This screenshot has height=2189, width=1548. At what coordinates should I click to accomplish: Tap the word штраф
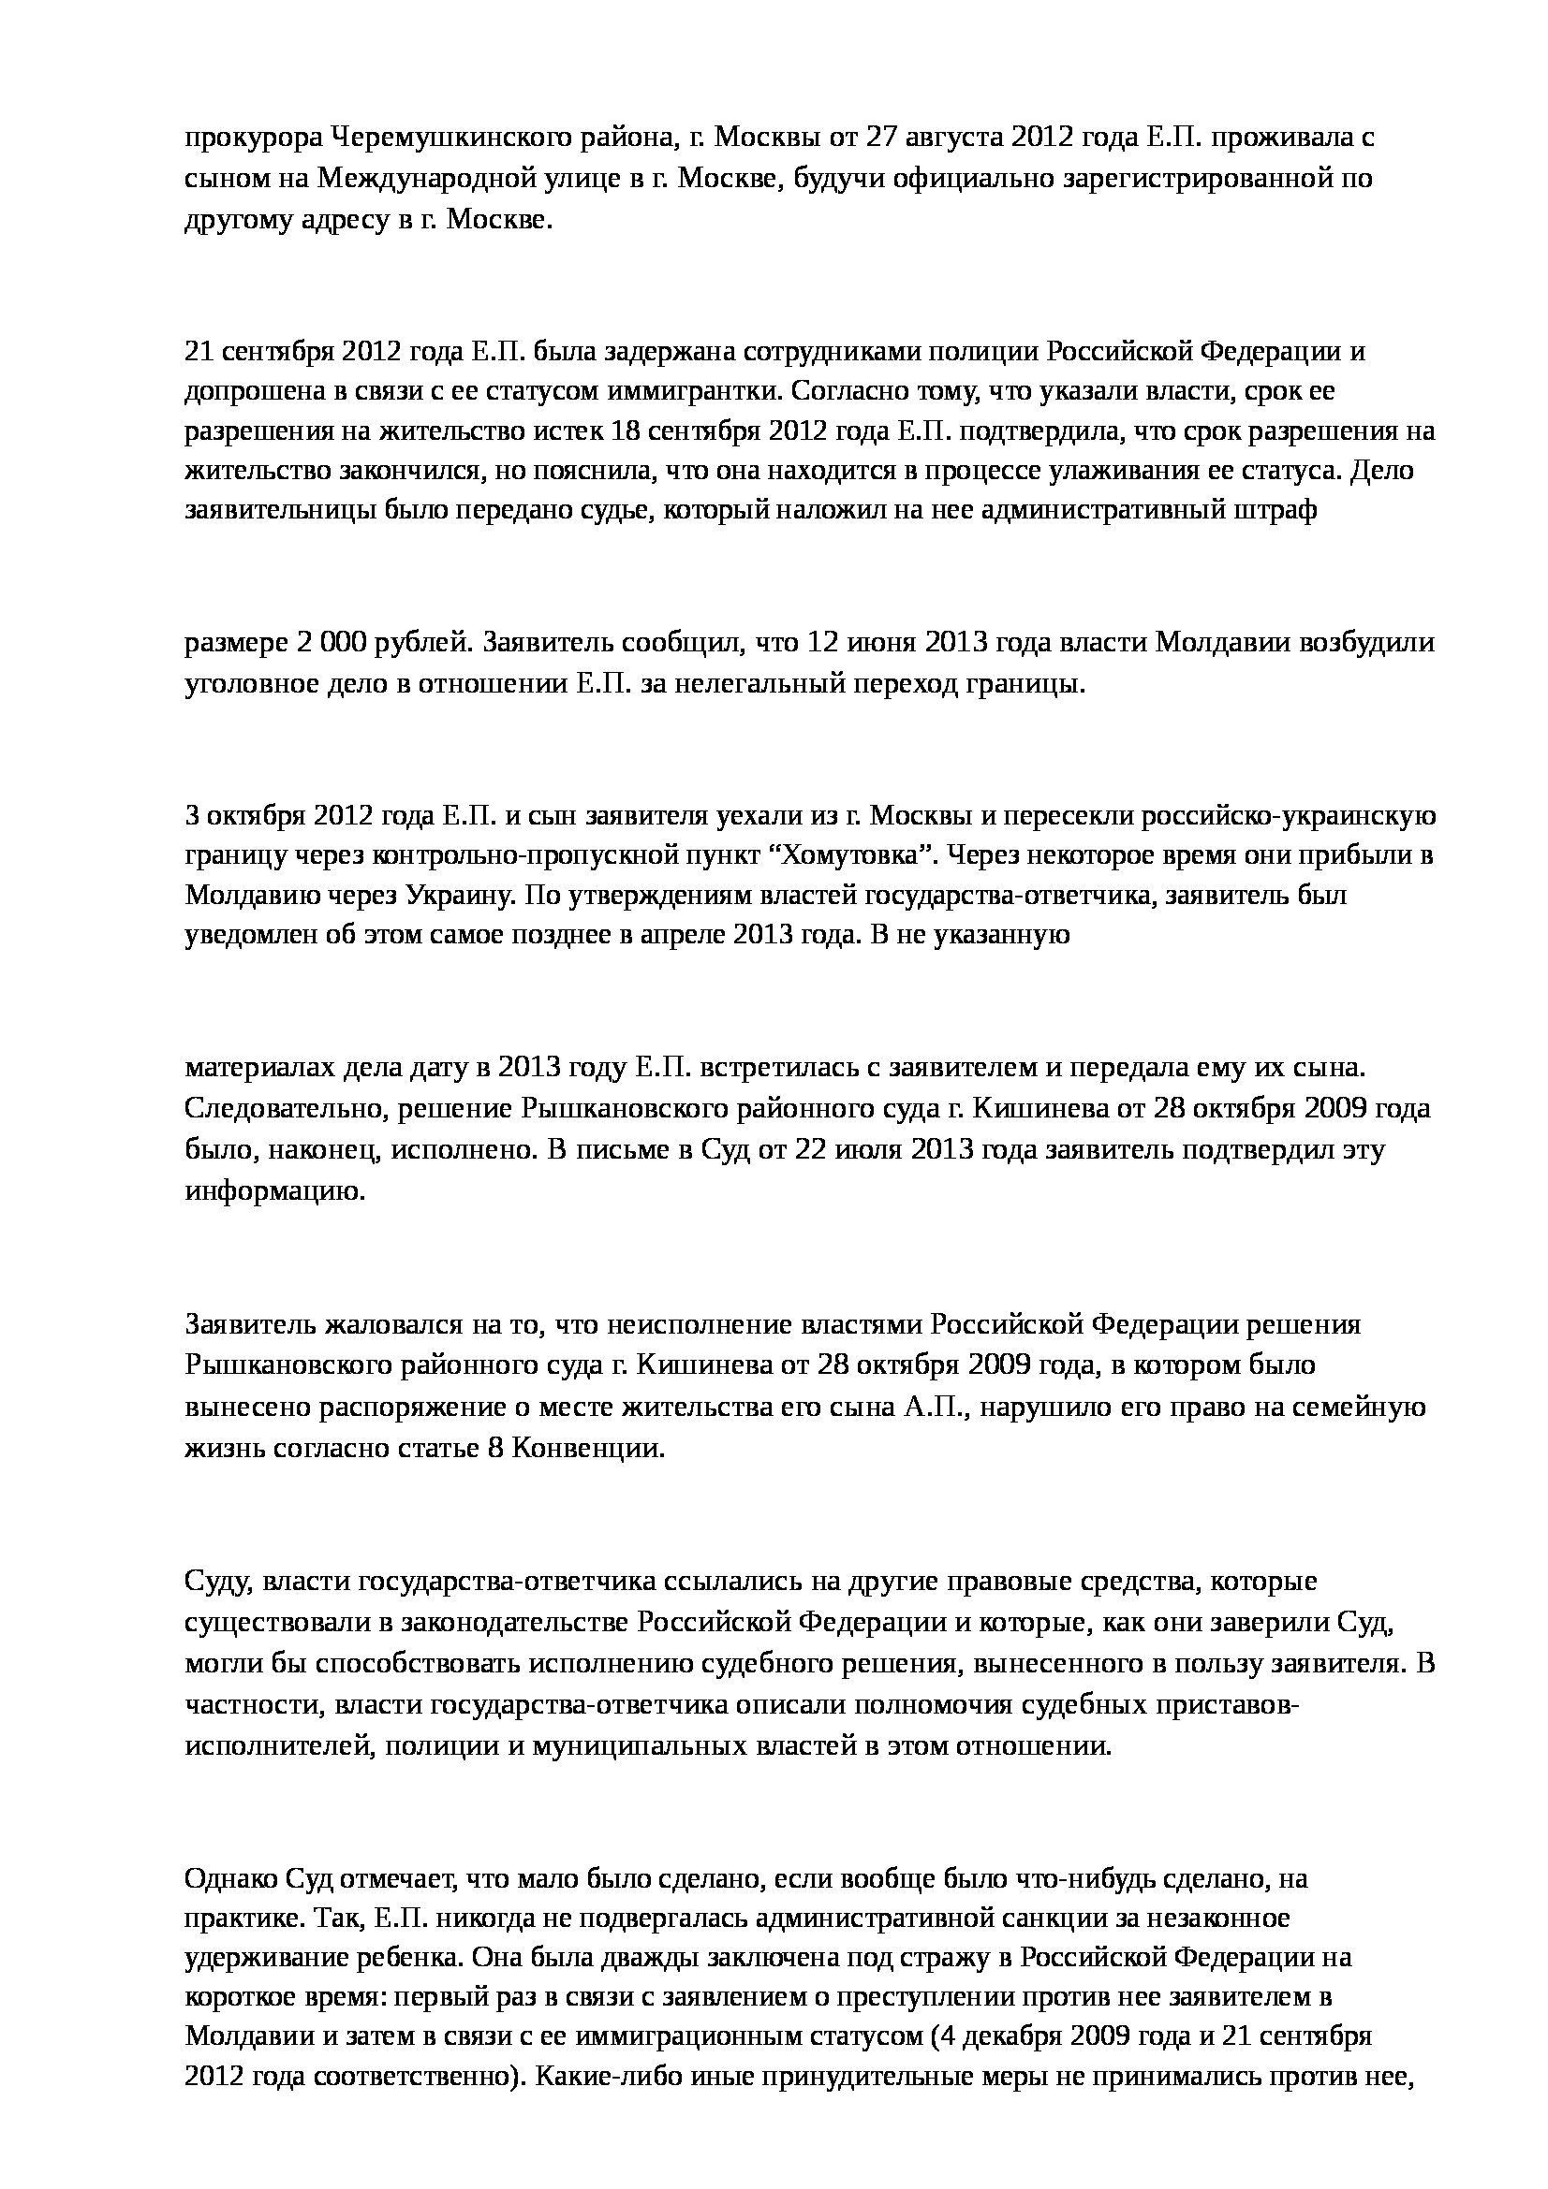pyautogui.click(x=1280, y=512)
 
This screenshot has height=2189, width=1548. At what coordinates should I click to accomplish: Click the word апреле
pyautogui.click(x=682, y=935)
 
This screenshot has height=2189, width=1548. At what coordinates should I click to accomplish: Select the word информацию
pyautogui.click(x=275, y=1191)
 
